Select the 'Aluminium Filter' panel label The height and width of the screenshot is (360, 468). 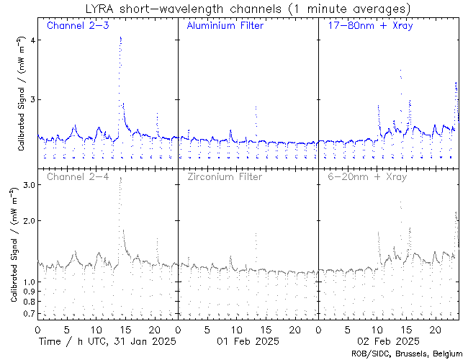[225, 26]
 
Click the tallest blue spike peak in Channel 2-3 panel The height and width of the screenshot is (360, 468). [120, 37]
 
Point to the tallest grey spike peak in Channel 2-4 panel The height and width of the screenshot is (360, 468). [120, 177]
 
